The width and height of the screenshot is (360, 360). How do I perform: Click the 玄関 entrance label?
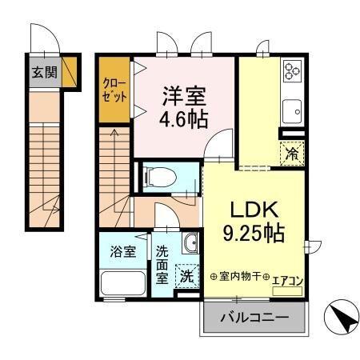(43, 72)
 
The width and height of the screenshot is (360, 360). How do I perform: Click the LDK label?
(254, 210)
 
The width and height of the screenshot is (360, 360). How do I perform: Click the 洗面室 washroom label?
(162, 263)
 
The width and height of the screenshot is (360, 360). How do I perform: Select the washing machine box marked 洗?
(185, 277)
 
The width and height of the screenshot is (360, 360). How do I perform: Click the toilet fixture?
(164, 176)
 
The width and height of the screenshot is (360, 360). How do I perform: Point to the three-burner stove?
(291, 73)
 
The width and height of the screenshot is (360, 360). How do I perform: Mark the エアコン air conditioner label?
(287, 280)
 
